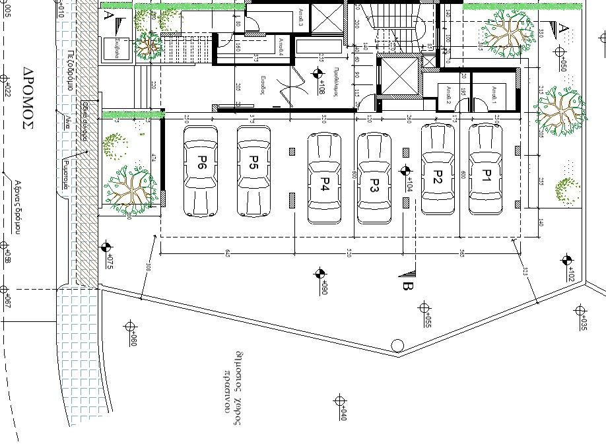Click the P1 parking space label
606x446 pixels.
[487, 175]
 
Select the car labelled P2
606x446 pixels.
[438, 176]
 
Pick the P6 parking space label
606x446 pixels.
[201, 163]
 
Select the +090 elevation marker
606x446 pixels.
[320, 274]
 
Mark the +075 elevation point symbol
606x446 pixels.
[105, 248]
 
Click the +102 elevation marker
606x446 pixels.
[566, 261]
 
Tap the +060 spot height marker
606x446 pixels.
[129, 326]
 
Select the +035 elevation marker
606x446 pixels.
[580, 310]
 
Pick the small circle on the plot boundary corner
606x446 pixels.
[397, 345]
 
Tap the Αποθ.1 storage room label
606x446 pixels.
[489, 90]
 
